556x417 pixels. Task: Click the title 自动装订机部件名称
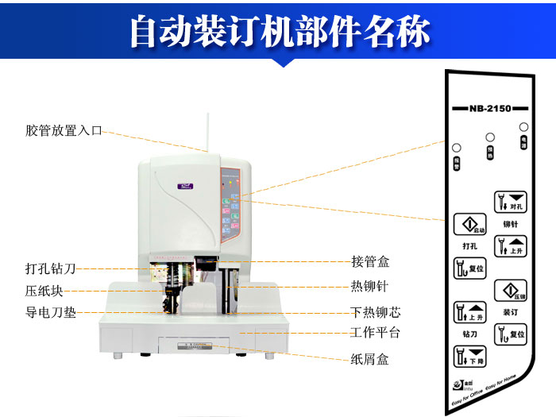tap(278, 32)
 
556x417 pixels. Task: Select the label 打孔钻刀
tap(51, 268)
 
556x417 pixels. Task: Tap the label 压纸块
tap(44, 291)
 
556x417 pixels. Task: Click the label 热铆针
tap(370, 286)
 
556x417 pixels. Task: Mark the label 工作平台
tap(375, 333)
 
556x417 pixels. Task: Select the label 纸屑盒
tap(370, 359)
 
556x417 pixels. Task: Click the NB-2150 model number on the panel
tap(490, 108)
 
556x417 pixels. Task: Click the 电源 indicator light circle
tap(524, 127)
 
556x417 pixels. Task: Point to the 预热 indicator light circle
tap(490, 137)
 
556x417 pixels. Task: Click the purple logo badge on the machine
tap(186, 187)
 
